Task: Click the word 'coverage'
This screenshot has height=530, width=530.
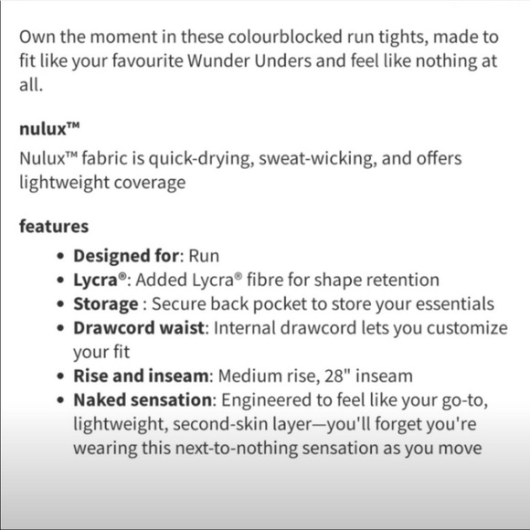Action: click(x=151, y=182)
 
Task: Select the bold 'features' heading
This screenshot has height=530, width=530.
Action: click(x=54, y=226)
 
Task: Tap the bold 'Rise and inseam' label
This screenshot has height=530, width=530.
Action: click(x=142, y=376)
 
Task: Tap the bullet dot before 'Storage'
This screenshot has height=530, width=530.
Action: click(x=60, y=304)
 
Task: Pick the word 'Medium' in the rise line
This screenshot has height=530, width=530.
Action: click(x=251, y=376)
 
